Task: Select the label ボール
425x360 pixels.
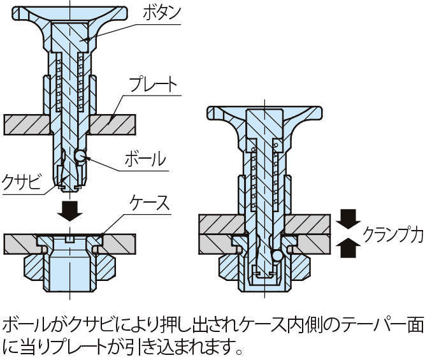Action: pos(146,157)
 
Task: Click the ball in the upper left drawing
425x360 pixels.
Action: pos(80,155)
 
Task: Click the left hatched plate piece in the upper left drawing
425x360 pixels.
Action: pos(26,124)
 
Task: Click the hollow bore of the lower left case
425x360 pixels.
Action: pos(69,268)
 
